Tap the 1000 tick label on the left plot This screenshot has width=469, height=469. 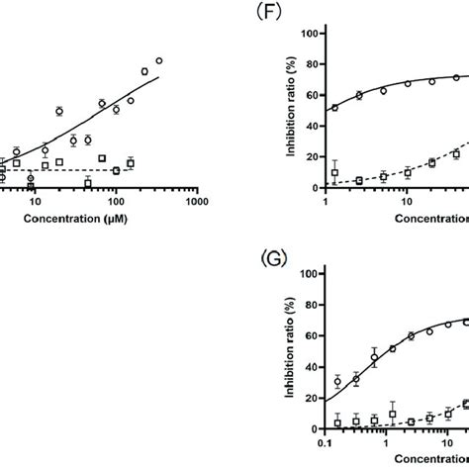coord(196,202)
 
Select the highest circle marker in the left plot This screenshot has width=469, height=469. coord(159,60)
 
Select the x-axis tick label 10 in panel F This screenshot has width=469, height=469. coord(407,203)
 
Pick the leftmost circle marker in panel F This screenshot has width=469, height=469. coord(334,107)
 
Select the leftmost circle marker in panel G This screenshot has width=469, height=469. coord(337,382)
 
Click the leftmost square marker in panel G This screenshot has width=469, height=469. coord(337,422)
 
